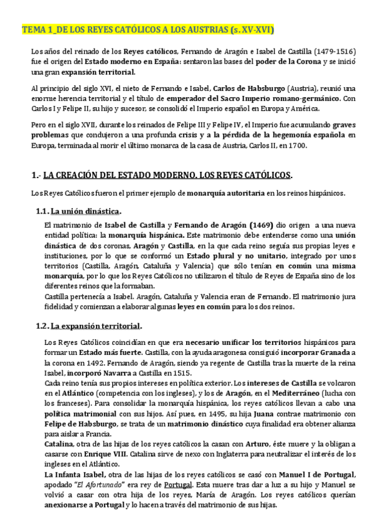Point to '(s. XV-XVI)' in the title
[252, 30]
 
